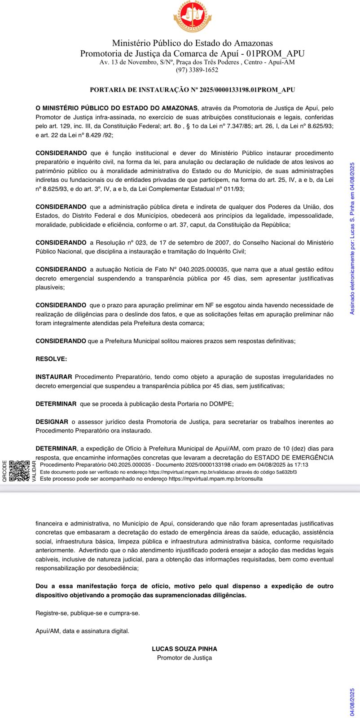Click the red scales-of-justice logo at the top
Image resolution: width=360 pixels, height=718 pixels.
pyautogui.click(x=192, y=17)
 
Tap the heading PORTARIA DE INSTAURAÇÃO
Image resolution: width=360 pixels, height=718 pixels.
pyautogui.click(x=192, y=90)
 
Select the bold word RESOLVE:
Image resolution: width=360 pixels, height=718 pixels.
pyautogui.click(x=51, y=359)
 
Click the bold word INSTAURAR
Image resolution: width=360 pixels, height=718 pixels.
pyautogui.click(x=54, y=377)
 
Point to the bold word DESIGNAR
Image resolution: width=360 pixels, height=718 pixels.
pyautogui.click(x=52, y=422)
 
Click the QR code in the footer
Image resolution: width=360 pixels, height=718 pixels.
pyautogui.click(x=19, y=471)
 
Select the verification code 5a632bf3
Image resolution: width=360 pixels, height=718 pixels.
pyautogui.click(x=285, y=472)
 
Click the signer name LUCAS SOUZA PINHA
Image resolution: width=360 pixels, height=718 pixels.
pyautogui.click(x=184, y=649)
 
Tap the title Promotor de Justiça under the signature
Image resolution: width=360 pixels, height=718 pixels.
pyautogui.click(x=184, y=658)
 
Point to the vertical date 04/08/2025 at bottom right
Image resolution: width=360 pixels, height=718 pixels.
pyautogui.click(x=352, y=702)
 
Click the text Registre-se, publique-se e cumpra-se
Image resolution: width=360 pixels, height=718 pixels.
pyautogui.click(x=88, y=613)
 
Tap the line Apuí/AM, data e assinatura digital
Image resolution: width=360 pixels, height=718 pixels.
pyautogui.click(x=82, y=631)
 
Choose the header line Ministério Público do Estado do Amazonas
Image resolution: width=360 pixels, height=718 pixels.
pyautogui.click(x=192, y=44)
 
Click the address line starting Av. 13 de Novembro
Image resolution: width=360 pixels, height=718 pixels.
pyautogui.click(x=197, y=62)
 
